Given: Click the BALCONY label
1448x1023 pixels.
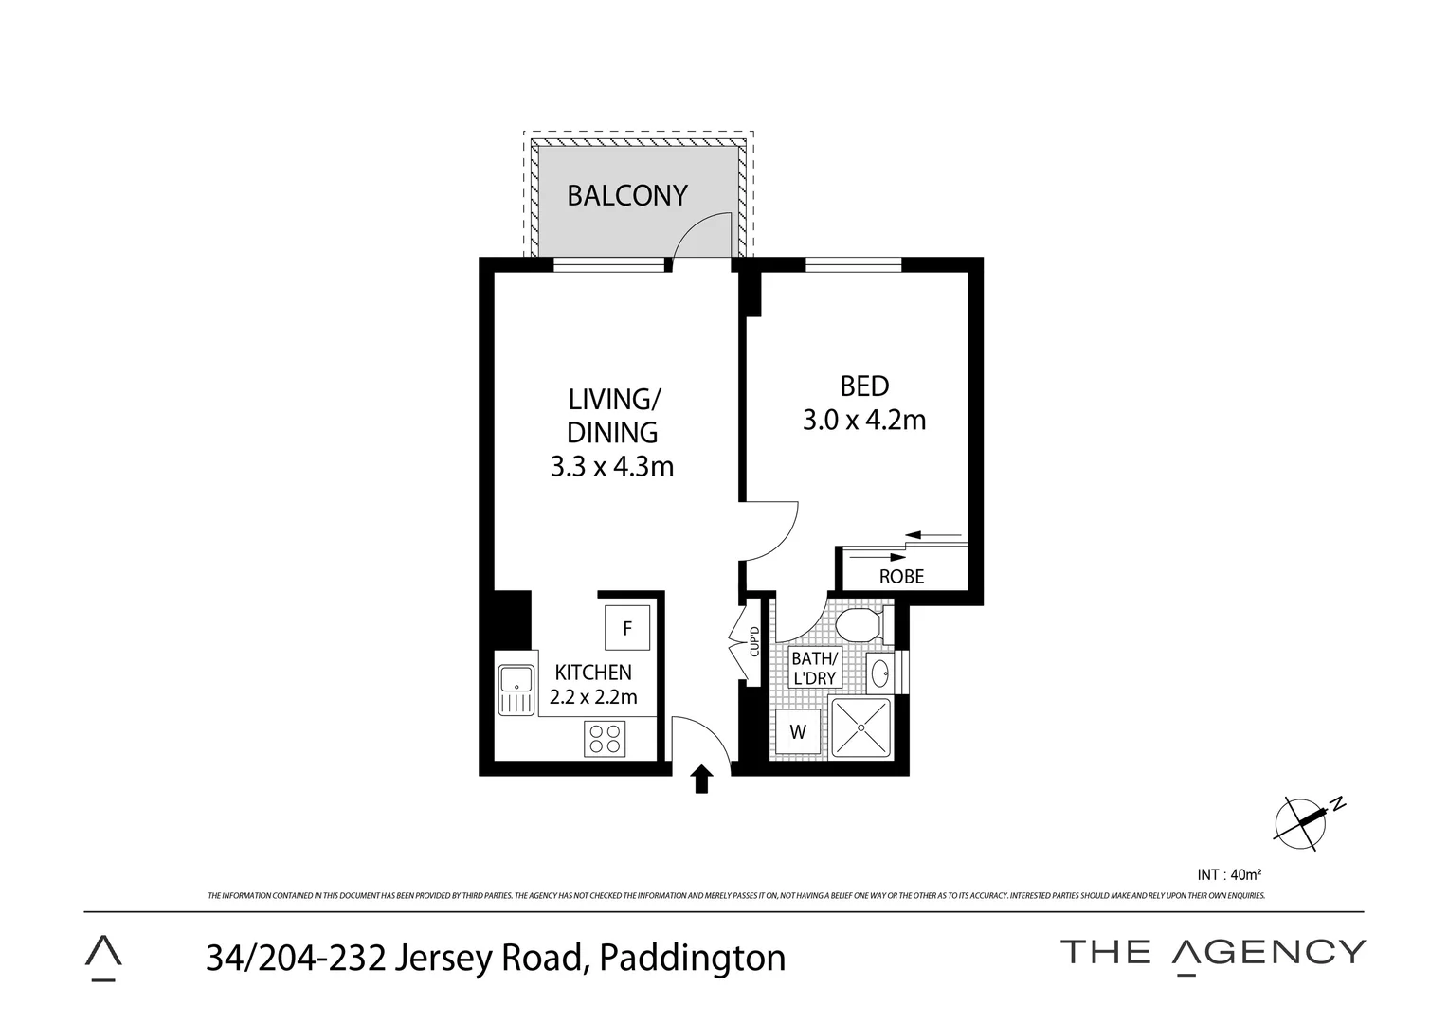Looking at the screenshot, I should click(x=626, y=195).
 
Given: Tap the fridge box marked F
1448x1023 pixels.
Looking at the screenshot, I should click(x=627, y=628).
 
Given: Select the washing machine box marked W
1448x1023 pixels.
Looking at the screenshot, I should click(x=798, y=731).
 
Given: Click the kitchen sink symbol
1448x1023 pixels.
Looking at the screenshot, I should click(x=516, y=690).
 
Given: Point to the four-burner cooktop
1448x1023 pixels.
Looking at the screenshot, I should click(x=606, y=738).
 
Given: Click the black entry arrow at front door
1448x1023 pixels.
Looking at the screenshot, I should click(x=701, y=779).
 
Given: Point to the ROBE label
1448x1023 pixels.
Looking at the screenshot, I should click(x=901, y=576).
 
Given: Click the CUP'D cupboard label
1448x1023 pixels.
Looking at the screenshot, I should click(x=754, y=642).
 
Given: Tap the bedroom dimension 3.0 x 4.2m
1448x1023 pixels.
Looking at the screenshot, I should click(x=863, y=420).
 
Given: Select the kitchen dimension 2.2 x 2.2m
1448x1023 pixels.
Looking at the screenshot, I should click(x=593, y=697).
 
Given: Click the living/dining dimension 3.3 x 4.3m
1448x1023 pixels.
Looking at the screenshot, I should click(x=612, y=466).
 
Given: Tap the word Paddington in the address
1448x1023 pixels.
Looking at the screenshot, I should click(x=693, y=958).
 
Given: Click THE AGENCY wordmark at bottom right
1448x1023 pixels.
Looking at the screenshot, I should click(x=1213, y=952).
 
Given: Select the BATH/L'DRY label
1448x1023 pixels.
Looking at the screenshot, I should click(x=815, y=668).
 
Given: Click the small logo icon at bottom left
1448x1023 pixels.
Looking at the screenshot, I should click(x=103, y=957).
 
